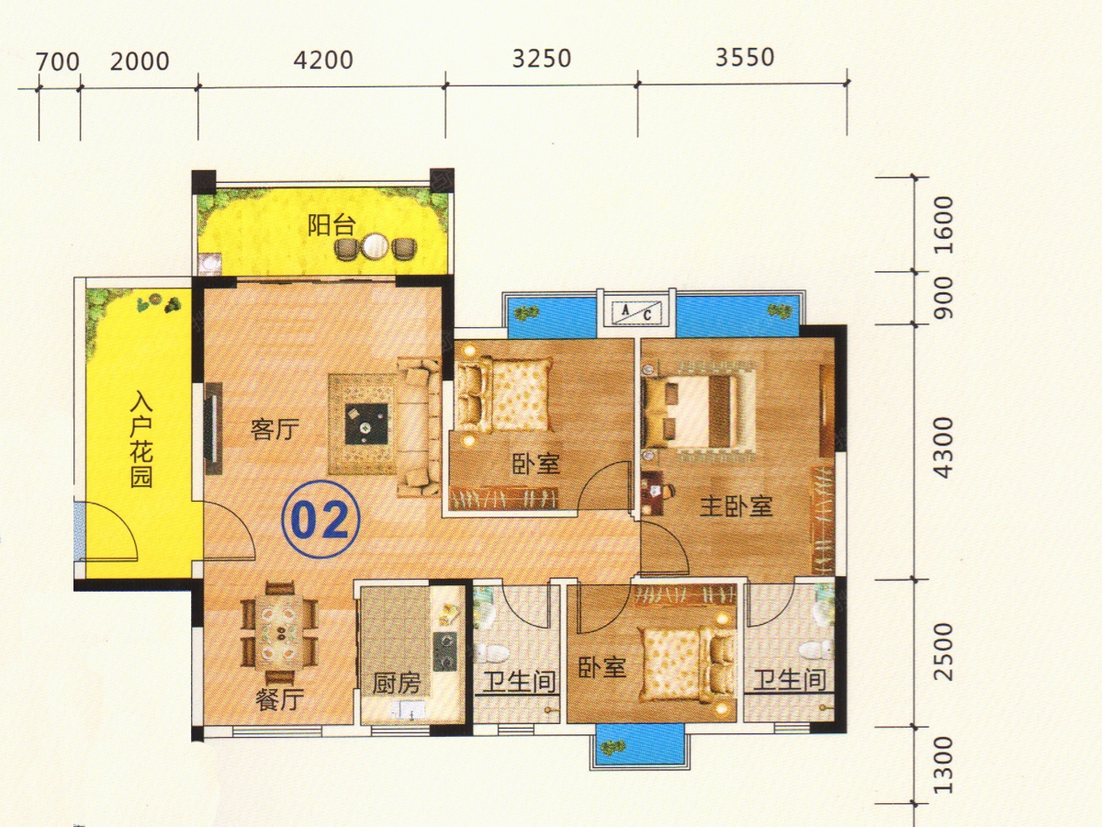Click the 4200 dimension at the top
[323, 61]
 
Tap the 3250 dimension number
[542, 58]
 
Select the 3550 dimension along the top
[745, 57]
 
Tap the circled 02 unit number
[320, 520]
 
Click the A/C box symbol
[636, 313]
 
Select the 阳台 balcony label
[332, 225]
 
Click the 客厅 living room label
[275, 430]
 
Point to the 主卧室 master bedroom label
[736, 506]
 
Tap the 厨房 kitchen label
[396, 684]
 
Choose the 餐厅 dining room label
[280, 699]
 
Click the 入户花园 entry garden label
[141, 439]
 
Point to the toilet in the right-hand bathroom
[816, 651]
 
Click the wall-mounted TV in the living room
[213, 428]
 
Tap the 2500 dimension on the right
[943, 651]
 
